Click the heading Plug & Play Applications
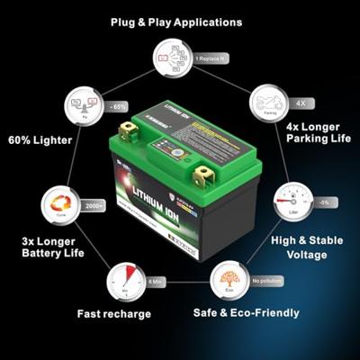tap(175, 21)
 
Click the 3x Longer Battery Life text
tap(52, 247)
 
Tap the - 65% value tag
tap(117, 105)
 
